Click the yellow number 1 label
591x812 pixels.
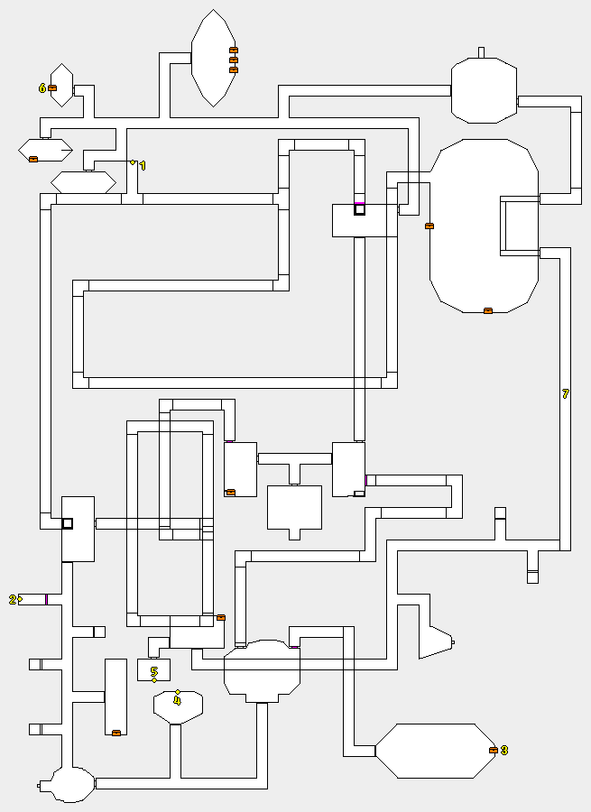tap(142, 166)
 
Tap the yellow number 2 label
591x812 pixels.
tap(13, 599)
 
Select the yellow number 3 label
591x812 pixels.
tap(503, 751)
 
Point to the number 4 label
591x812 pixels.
tap(177, 700)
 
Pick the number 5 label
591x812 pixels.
tap(154, 671)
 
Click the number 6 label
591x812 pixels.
tap(42, 88)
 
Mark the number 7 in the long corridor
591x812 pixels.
tap(566, 394)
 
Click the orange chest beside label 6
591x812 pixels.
tap(52, 88)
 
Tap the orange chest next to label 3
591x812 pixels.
tap(493, 751)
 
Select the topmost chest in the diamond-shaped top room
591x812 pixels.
tap(234, 50)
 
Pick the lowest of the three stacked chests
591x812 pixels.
tap(234, 69)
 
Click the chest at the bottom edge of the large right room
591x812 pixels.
tap(488, 310)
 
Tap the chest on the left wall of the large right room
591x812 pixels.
tap(429, 226)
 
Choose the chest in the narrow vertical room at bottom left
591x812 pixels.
tap(116, 733)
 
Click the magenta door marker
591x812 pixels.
tap(359, 203)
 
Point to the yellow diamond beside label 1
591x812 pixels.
tap(133, 162)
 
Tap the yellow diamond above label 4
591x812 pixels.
tap(178, 691)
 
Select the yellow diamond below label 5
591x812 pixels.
tap(154, 680)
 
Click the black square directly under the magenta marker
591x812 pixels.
tap(359, 210)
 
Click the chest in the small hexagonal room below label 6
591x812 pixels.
tap(33, 159)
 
